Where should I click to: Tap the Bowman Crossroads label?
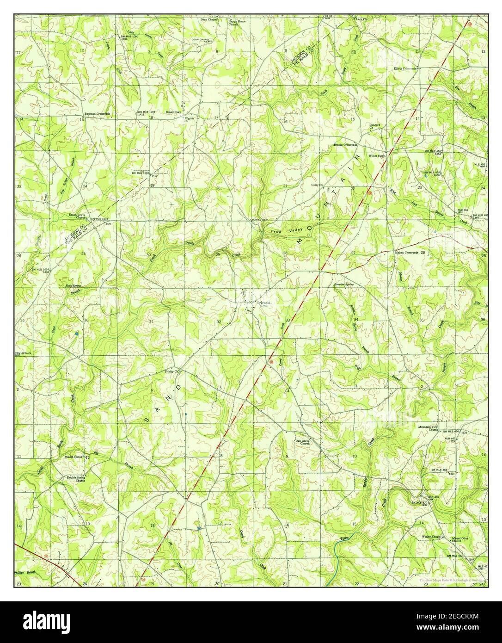tap(96, 113)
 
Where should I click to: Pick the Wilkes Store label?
tap(377, 156)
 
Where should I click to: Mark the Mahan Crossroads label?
tap(406, 253)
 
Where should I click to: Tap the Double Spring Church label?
tap(76, 479)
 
